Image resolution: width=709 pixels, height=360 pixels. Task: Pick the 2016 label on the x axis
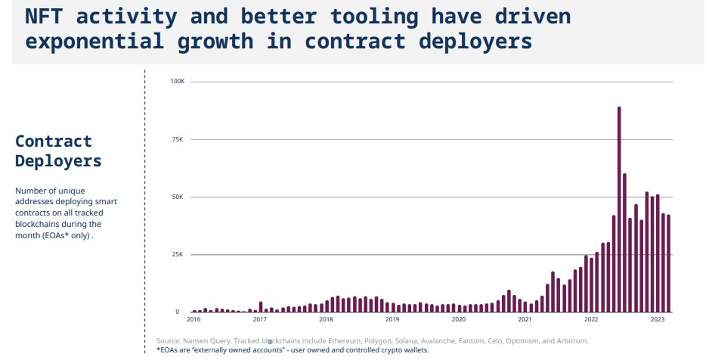click(x=194, y=320)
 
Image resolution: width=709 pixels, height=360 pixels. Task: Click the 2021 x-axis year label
click(x=525, y=320)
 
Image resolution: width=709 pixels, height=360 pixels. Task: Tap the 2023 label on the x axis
click(x=657, y=320)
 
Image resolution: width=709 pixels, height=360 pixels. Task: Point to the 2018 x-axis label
click(x=326, y=320)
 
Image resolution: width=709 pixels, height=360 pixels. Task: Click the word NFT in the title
click(x=47, y=17)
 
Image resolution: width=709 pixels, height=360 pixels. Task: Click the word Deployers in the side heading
click(x=57, y=160)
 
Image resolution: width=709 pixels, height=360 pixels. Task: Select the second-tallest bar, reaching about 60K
click(x=624, y=243)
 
